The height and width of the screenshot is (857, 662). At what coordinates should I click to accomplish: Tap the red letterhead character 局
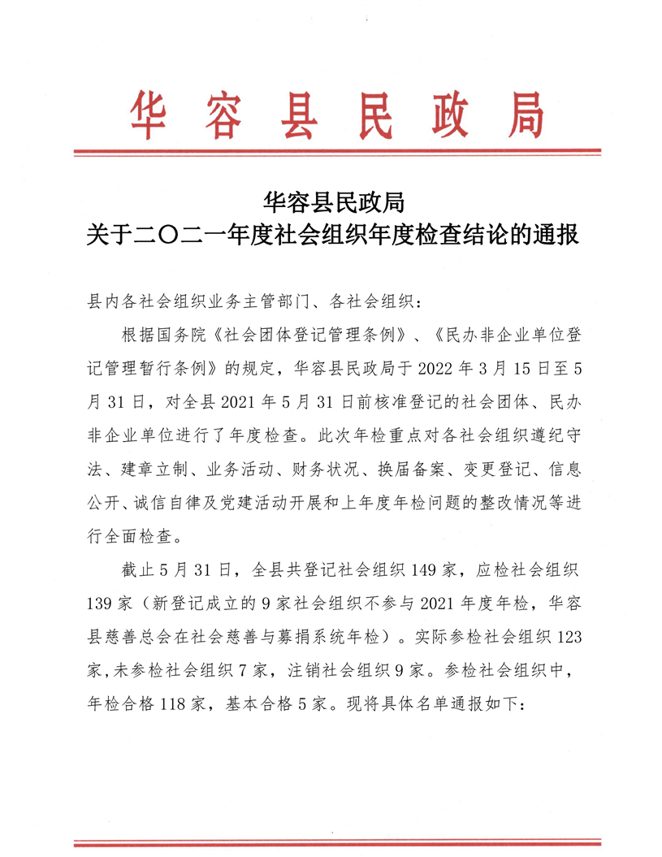[x=520, y=116]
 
